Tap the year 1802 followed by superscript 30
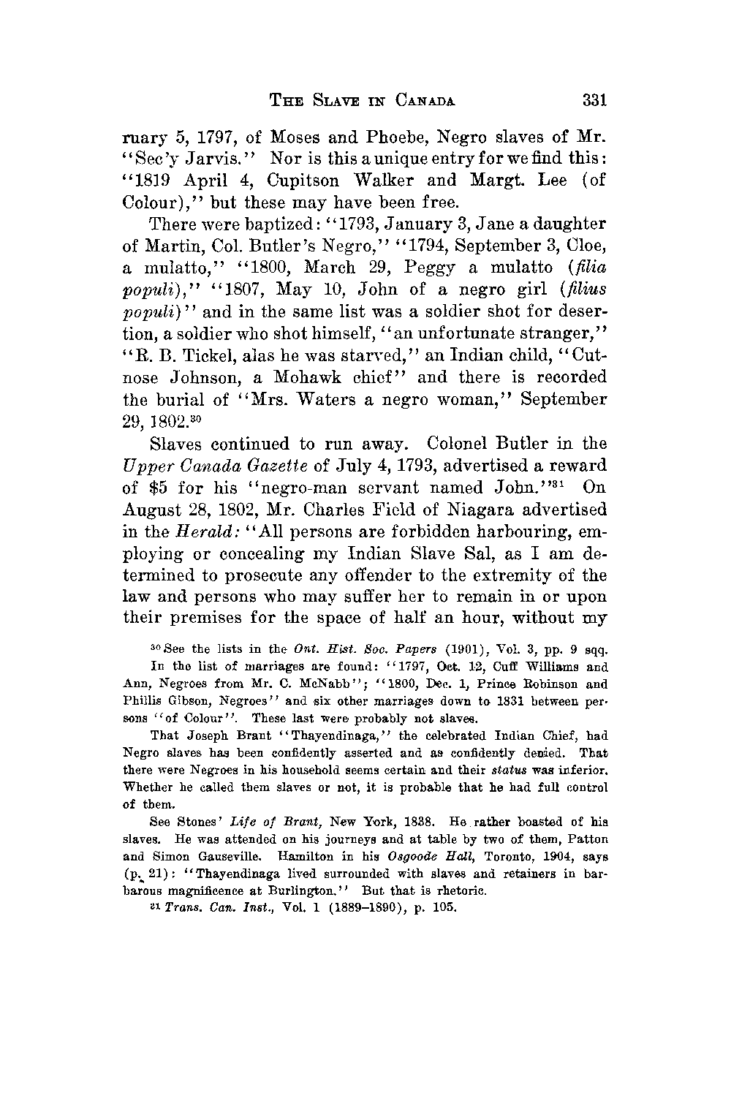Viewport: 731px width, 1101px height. (153, 422)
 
